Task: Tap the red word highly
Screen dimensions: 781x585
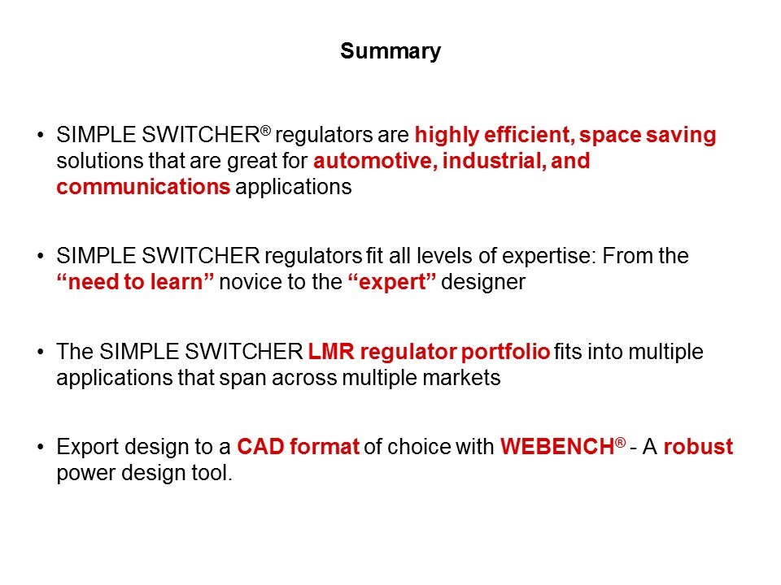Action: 447,136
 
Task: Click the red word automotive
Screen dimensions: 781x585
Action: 375,161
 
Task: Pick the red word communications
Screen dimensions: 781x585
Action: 143,187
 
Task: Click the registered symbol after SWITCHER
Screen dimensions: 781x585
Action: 265,131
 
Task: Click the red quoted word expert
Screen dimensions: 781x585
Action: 392,282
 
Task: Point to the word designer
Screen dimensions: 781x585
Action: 483,283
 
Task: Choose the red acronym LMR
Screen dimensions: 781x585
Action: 331,352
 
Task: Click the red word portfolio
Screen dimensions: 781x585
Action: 505,353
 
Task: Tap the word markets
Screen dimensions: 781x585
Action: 461,378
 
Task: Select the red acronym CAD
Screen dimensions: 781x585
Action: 260,447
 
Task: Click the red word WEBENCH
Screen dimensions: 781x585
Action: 557,447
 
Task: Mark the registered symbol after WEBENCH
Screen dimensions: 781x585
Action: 621,442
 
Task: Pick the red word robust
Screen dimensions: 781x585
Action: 698,447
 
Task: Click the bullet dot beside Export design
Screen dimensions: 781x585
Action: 41,447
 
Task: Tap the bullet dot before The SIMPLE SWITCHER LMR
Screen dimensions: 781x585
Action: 41,352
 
